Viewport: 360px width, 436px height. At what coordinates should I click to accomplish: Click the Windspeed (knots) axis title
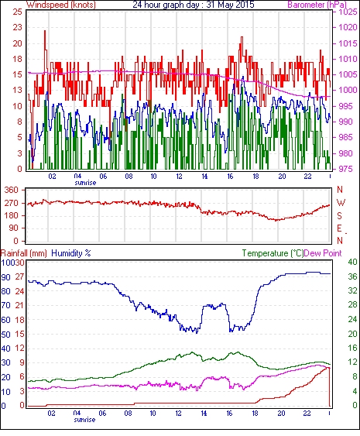61,5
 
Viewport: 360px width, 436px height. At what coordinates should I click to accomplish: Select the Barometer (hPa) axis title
317,5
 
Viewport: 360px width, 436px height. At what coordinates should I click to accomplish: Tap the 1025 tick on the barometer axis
348,12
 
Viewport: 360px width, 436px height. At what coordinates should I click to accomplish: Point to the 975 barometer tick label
346,169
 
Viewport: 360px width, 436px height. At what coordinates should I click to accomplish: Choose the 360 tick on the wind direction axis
12,191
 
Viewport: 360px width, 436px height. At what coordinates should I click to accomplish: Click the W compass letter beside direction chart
341,203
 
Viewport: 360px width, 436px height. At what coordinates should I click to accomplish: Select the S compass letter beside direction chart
339,216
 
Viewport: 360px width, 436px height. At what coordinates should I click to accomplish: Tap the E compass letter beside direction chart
339,228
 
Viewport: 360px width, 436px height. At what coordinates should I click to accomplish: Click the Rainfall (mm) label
24,253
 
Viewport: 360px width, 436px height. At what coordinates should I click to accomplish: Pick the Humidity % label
71,253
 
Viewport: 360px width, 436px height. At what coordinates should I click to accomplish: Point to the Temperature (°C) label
273,253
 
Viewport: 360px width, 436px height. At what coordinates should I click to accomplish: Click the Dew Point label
323,253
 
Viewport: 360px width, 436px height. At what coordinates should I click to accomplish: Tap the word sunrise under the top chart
85,183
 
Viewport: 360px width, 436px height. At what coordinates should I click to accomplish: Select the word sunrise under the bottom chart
84,420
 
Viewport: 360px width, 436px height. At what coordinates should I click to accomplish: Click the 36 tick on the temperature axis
352,276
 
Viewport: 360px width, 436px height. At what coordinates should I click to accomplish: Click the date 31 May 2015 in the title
230,5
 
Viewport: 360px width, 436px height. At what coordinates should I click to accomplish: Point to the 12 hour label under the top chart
179,177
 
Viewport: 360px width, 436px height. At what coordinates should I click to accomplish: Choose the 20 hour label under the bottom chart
281,414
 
